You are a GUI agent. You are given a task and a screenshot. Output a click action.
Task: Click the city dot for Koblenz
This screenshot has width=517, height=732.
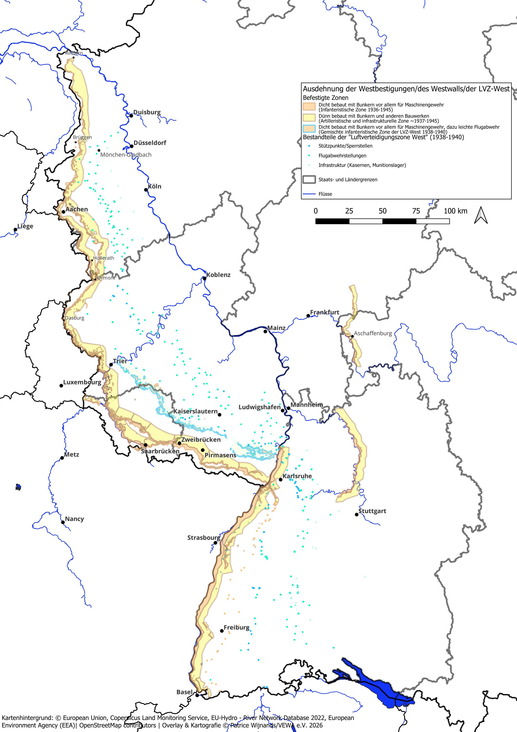(205, 278)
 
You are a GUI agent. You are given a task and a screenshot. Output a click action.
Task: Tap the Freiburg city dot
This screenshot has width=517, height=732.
(222, 630)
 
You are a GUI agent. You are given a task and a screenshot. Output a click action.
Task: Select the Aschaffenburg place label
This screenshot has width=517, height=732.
(373, 333)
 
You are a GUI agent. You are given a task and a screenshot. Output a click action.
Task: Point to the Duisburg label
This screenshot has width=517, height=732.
(147, 112)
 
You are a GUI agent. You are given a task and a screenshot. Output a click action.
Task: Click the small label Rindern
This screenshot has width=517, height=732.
(74, 53)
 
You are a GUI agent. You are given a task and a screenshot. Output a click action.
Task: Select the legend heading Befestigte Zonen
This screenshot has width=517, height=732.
(326, 98)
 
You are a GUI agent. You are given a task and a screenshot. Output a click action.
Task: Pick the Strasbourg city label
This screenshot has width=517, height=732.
(204, 538)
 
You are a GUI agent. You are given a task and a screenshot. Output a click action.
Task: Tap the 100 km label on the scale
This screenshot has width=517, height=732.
(456, 211)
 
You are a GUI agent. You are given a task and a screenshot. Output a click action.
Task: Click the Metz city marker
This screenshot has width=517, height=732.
(62, 458)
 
